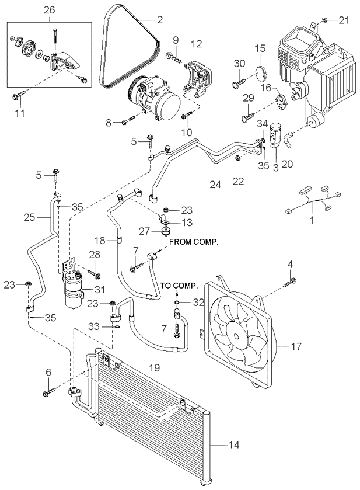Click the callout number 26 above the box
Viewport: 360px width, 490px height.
(49, 10)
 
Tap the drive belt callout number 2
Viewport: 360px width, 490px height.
(160, 20)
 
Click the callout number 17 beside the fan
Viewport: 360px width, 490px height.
(296, 346)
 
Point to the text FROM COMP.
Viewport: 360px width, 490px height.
(194, 242)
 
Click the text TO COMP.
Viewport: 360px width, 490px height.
(179, 286)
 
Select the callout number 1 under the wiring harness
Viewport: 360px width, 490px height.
(312, 220)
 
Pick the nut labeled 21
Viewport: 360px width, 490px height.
(324, 20)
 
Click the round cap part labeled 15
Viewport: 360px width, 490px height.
(261, 72)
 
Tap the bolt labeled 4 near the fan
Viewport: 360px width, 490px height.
(291, 281)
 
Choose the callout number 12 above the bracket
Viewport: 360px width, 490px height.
(197, 44)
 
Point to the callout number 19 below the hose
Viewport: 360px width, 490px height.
(155, 367)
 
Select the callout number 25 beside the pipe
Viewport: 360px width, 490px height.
(29, 217)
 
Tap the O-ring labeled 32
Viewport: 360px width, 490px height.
(177, 303)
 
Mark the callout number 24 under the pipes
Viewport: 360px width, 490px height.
(215, 184)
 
